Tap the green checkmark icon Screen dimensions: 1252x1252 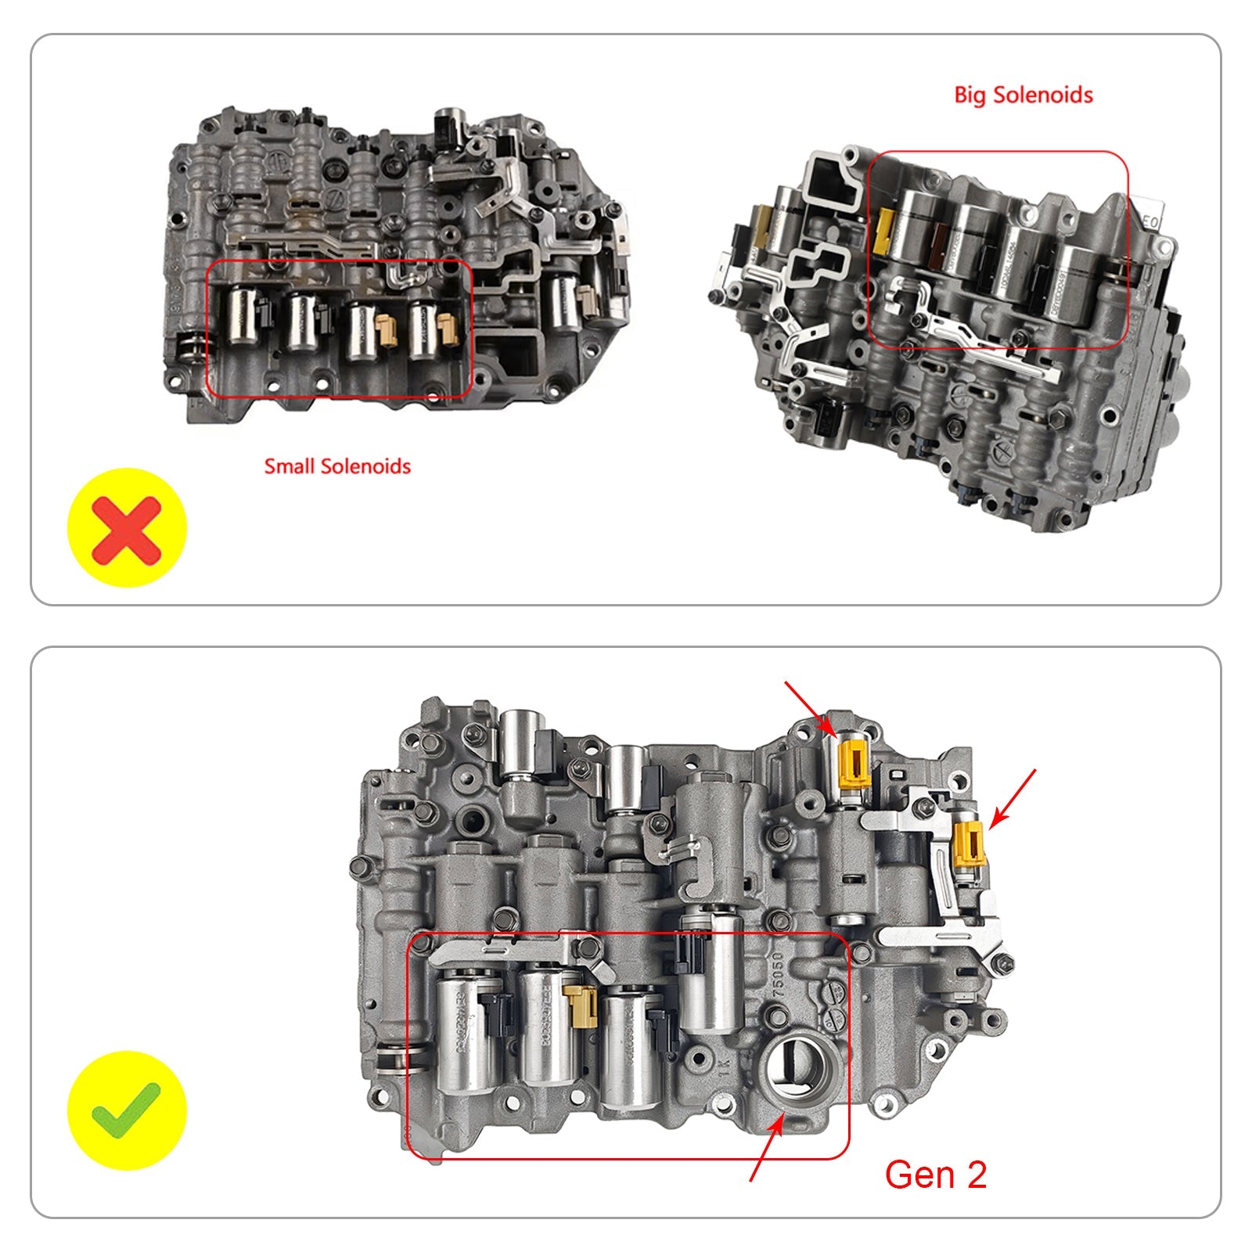(x=127, y=1110)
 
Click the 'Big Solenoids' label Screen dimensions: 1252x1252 (x=1023, y=95)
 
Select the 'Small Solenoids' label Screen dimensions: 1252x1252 (x=337, y=467)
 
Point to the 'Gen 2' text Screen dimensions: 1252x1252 (x=935, y=1175)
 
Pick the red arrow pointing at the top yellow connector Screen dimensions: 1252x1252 (x=810, y=707)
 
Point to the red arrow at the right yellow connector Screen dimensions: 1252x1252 (x=1013, y=798)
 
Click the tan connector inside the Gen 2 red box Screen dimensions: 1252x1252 (x=584, y=1006)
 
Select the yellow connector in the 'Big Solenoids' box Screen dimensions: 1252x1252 (x=886, y=231)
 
